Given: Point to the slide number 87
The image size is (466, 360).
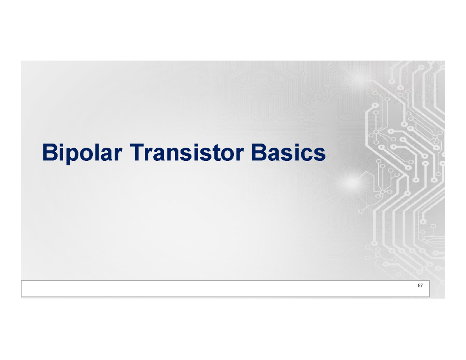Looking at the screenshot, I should (420, 286).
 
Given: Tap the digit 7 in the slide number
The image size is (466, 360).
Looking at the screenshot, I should (422, 286).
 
